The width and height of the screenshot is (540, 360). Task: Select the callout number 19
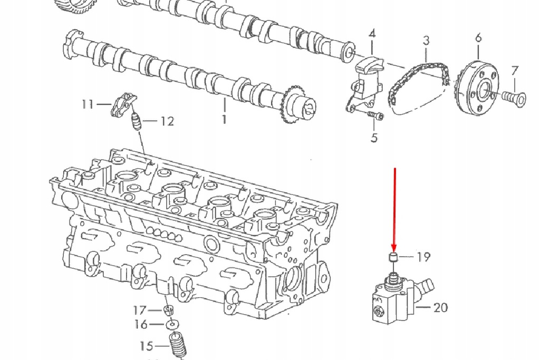tap(423, 257)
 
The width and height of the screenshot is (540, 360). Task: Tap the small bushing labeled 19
tap(392, 257)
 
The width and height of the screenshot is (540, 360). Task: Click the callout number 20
tap(441, 307)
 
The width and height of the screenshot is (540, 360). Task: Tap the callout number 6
tap(478, 37)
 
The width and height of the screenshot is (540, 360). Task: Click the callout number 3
tap(426, 41)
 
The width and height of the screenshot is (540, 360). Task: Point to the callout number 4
tap(372, 34)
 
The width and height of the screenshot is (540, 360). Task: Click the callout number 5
tap(374, 138)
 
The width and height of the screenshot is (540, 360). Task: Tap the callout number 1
tap(224, 119)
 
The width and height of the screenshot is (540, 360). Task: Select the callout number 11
tap(88, 104)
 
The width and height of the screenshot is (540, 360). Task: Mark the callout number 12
tap(167, 122)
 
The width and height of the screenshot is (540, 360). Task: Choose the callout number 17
tap(140, 310)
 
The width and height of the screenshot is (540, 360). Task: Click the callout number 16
tap(141, 325)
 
